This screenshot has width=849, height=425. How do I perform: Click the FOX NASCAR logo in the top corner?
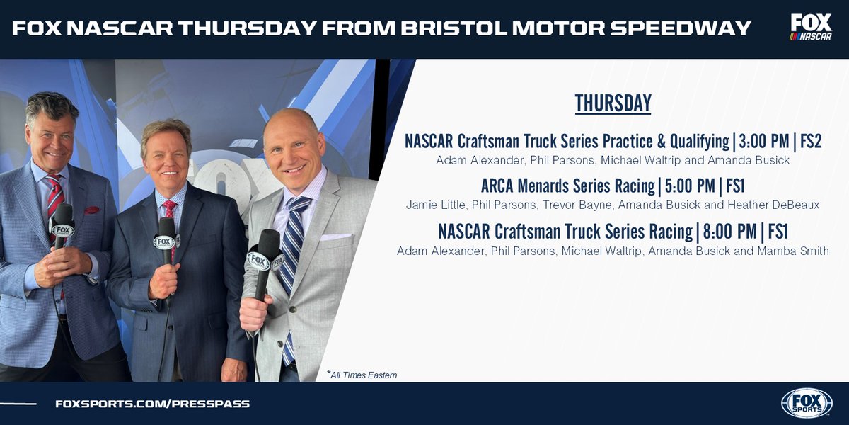811,28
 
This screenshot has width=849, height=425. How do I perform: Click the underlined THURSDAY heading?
613,103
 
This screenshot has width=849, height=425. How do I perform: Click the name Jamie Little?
432,205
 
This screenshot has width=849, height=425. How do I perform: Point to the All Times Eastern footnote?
362,375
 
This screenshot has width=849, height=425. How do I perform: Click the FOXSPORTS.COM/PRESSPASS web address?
152,404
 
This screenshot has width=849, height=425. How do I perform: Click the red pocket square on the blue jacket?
92,210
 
